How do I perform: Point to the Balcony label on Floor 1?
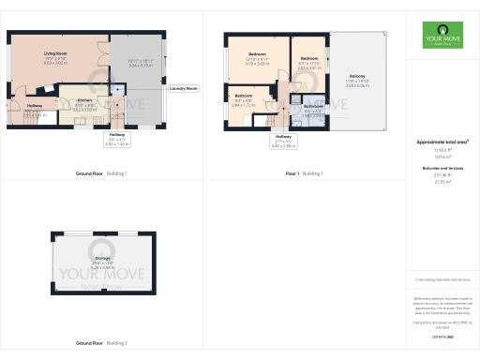pyautogui.click(x=357, y=76)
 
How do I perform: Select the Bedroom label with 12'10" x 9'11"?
pyautogui.click(x=258, y=54)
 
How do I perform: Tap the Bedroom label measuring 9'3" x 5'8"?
pyautogui.click(x=243, y=96)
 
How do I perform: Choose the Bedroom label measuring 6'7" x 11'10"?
pyautogui.click(x=309, y=59)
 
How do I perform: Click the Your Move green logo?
pyautogui.click(x=442, y=34)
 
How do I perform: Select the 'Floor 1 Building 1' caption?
pyautogui.click(x=304, y=173)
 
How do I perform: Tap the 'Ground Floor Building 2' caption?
pyautogui.click(x=101, y=343)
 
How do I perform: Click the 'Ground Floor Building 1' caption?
pyautogui.click(x=101, y=173)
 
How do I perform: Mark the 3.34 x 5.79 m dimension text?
pyautogui.click(x=140, y=66)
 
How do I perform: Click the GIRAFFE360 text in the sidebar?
pyautogui.click(x=442, y=335)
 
